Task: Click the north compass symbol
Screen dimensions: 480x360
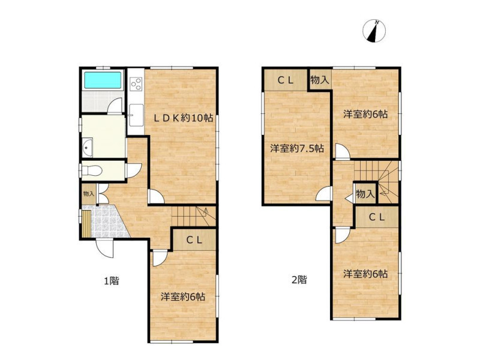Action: coord(374,31)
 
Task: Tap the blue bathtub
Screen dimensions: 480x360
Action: coord(103,80)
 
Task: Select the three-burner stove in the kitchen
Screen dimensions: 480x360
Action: coord(136,84)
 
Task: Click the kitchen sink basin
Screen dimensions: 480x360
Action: coord(136,115)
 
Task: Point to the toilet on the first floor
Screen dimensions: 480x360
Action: coord(92,170)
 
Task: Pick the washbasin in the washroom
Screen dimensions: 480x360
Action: coord(88,148)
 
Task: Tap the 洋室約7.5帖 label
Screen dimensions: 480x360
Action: coord(297,149)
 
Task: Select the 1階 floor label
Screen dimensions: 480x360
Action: coord(112,280)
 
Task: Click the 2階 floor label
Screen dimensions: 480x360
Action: coord(299,280)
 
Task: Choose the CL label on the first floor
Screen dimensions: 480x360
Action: coord(194,241)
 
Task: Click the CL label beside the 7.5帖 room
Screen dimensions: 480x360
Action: coord(286,80)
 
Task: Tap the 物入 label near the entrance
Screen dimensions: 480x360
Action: coord(89,194)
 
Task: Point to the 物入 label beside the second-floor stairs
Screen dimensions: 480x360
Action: coord(365,194)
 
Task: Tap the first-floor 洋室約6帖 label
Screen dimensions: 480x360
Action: coord(183,296)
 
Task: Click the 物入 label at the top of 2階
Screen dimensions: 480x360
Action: coord(320,80)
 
